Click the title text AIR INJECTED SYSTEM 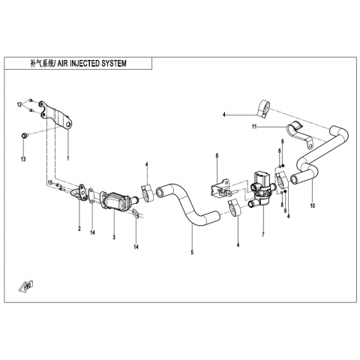(x=92, y=64)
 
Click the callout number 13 (x=23, y=159)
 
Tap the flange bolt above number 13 (x=24, y=136)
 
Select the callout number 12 (x=19, y=105)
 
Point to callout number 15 (x=50, y=183)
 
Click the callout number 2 (x=79, y=229)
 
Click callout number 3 (x=114, y=237)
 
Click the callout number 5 (x=192, y=252)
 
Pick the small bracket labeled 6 (x=221, y=190)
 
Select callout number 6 (x=217, y=155)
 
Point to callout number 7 (x=262, y=235)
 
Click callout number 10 (x=312, y=205)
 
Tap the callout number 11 (x=254, y=127)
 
